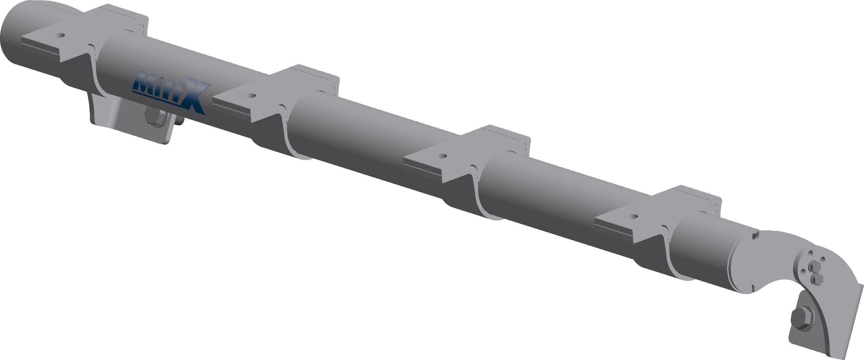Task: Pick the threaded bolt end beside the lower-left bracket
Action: click(x=179, y=121)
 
